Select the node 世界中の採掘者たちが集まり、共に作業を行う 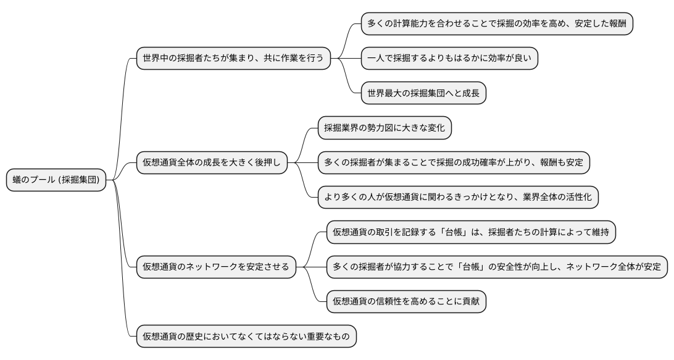click(x=233, y=59)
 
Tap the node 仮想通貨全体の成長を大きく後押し click(x=212, y=163)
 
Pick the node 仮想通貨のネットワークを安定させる click(x=215, y=267)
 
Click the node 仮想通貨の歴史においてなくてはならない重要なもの click(x=246, y=337)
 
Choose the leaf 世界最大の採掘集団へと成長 click(x=423, y=93)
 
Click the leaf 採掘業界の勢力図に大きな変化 click(x=385, y=128)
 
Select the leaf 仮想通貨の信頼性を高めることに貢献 click(x=406, y=301)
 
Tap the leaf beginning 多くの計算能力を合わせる click(x=497, y=24)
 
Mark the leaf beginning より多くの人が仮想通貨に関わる click(x=459, y=198)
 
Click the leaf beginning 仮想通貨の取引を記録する click(x=471, y=232)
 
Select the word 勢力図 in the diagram click(x=383, y=128)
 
